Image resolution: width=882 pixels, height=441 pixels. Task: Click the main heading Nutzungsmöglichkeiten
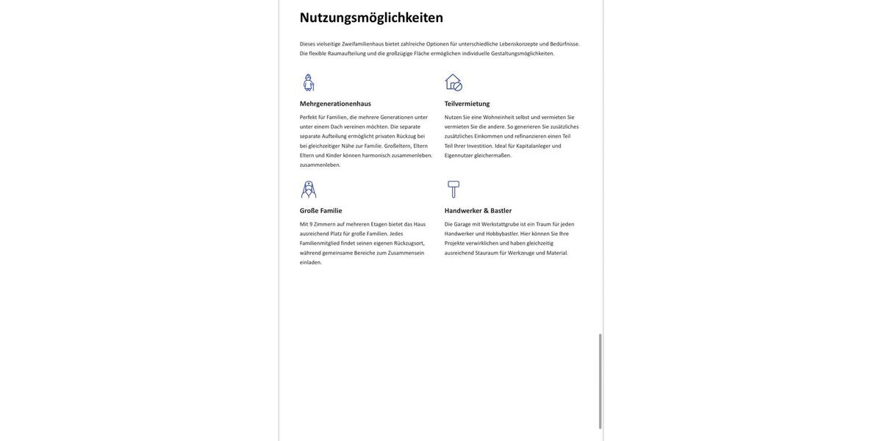[x=371, y=18]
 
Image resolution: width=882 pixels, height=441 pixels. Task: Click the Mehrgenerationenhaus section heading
[x=335, y=104]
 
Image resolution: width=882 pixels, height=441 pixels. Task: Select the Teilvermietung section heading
[x=467, y=104]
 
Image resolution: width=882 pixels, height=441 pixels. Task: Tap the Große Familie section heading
[x=320, y=211]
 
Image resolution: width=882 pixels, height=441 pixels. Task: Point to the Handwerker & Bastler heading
[x=478, y=211]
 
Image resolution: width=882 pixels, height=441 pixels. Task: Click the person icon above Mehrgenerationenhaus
[x=309, y=82]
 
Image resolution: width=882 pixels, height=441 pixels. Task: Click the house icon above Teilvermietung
[x=453, y=82]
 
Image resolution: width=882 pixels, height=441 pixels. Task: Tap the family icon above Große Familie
[x=309, y=190]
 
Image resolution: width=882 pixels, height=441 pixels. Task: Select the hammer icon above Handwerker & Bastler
[x=453, y=190]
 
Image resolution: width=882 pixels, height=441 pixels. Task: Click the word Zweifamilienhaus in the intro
[x=362, y=44]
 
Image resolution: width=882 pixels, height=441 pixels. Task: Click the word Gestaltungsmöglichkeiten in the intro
[x=523, y=54]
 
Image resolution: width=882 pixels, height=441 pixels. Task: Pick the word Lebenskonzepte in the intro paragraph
[x=518, y=44]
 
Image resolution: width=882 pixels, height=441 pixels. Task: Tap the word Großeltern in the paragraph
[x=398, y=146]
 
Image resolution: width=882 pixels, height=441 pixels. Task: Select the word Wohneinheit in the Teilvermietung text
[x=498, y=118]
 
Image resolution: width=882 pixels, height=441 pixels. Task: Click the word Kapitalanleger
[x=533, y=146]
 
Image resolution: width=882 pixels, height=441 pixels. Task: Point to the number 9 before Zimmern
[x=311, y=225]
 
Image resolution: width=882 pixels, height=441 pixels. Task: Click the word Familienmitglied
[x=320, y=243]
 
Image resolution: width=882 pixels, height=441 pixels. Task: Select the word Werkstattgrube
[x=500, y=225]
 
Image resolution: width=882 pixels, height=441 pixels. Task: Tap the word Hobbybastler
[x=502, y=234]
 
